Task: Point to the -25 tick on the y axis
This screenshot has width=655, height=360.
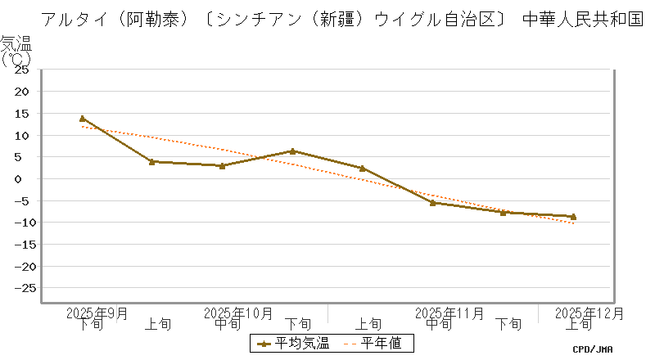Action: pyautogui.click(x=20, y=288)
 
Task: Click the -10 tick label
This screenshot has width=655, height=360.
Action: pyautogui.click(x=20, y=223)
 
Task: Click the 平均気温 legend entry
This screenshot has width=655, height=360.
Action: pyautogui.click(x=294, y=344)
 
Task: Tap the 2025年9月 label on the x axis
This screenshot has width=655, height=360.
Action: pyautogui.click(x=97, y=313)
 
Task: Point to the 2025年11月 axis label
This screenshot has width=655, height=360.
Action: pyautogui.click(x=449, y=313)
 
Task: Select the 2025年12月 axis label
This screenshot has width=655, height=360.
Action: pyautogui.click(x=589, y=313)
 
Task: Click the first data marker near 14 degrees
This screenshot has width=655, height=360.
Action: pyautogui.click(x=82, y=119)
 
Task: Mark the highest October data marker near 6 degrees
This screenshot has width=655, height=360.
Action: pyautogui.click(x=292, y=151)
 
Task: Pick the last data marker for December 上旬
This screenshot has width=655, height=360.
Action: pyautogui.click(x=573, y=217)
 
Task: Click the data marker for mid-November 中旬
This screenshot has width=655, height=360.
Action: pyautogui.click(x=432, y=202)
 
